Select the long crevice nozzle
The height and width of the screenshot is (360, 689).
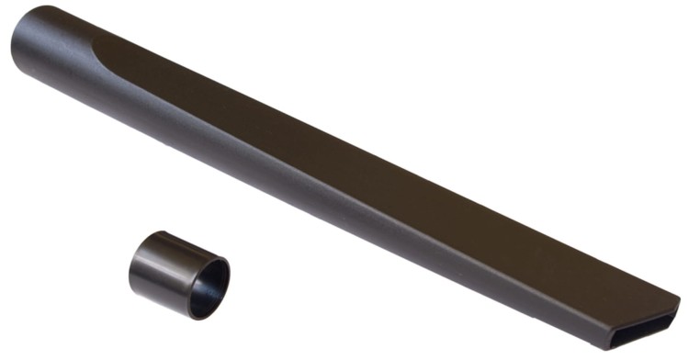point(349,174)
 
